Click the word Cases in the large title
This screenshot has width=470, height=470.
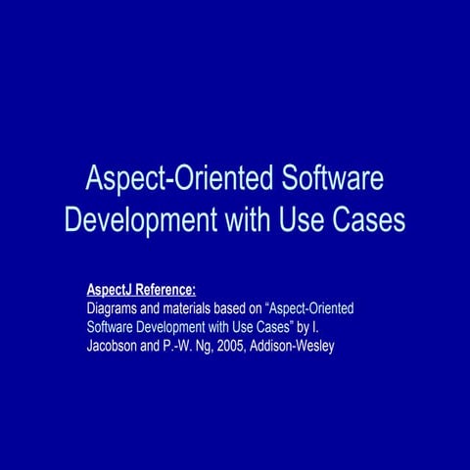369,219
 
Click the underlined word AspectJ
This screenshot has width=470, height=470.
109,290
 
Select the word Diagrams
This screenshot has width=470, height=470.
115,308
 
